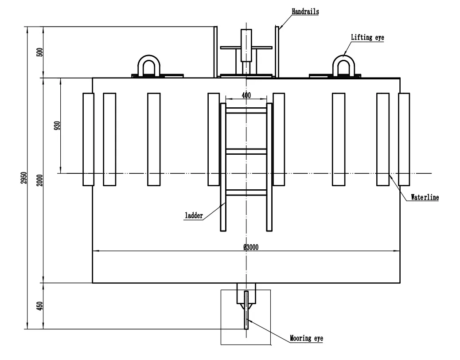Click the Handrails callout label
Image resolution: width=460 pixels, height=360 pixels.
(x=305, y=12)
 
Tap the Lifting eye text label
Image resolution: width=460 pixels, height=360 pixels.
(x=367, y=37)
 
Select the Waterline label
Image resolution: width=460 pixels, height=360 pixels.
(x=425, y=197)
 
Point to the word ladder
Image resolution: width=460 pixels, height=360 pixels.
(x=194, y=215)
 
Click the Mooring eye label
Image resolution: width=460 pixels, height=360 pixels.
(x=307, y=338)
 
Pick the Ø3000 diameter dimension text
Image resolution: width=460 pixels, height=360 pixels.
(x=251, y=247)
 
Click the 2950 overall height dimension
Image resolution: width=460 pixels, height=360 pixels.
(x=24, y=178)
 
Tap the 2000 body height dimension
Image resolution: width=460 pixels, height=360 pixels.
(x=40, y=180)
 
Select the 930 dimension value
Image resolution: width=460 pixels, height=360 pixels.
(x=57, y=125)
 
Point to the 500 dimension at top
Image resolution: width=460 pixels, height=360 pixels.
(x=40, y=52)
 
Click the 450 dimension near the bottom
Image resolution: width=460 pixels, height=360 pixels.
(x=40, y=306)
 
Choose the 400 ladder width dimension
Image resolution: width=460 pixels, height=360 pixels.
(x=246, y=95)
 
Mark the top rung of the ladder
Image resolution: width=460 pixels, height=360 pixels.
(x=246, y=110)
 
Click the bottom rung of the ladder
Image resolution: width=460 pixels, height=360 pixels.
(x=246, y=193)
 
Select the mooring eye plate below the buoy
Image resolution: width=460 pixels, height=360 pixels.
(x=246, y=310)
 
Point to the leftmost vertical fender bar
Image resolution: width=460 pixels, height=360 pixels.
(x=88, y=139)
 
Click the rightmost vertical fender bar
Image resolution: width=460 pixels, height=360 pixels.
(x=404, y=139)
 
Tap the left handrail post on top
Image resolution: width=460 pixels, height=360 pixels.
(x=215, y=52)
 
